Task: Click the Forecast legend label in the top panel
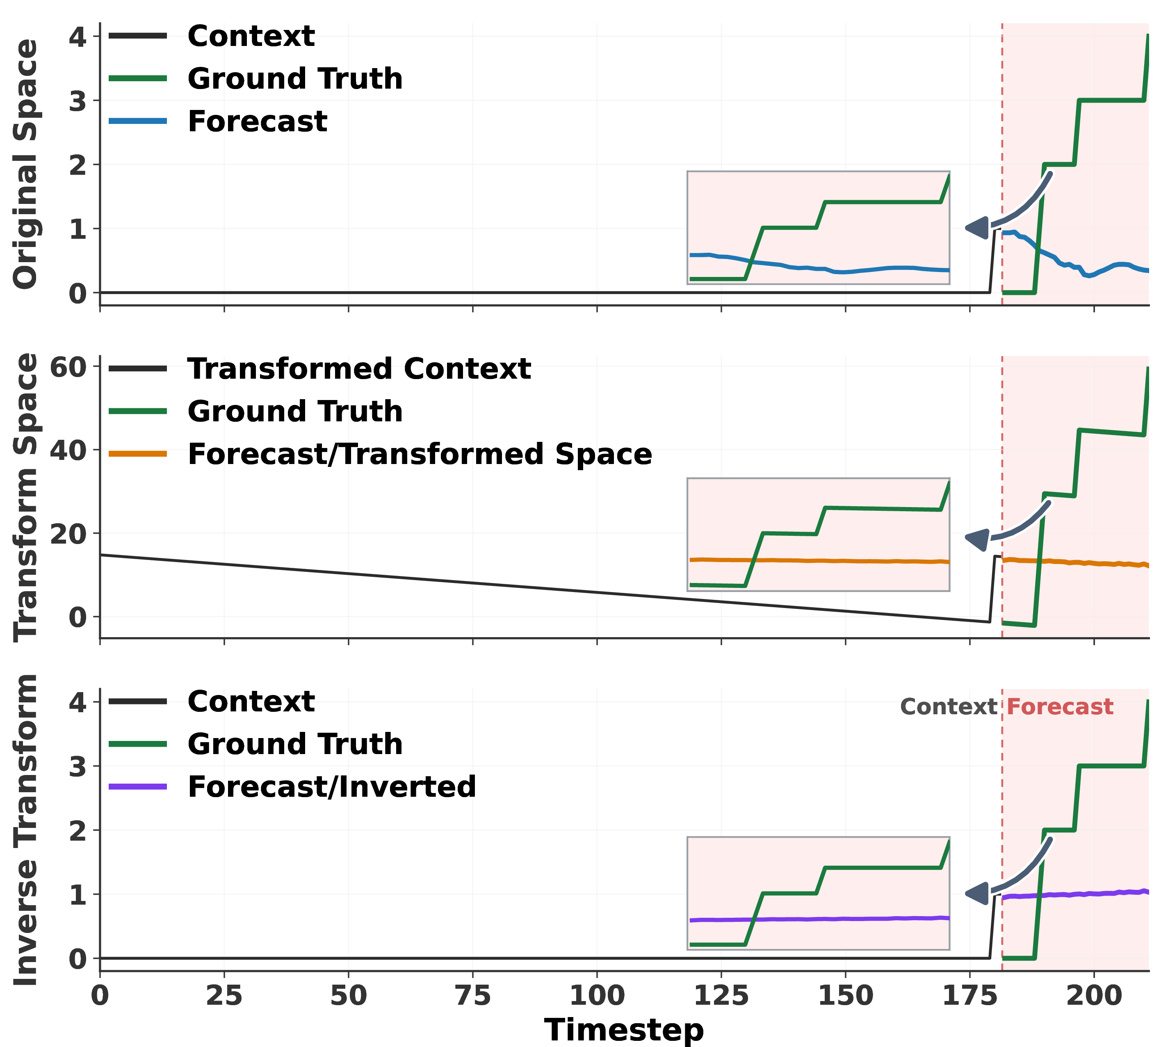[257, 121]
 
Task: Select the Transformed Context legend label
[359, 369]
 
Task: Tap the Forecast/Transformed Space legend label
[420, 455]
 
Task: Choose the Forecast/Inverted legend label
[332, 786]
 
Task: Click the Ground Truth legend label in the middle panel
[295, 411]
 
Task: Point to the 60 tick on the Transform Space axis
[68, 367]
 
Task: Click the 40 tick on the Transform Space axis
[68, 450]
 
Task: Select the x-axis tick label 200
[1094, 996]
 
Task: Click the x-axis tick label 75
[473, 996]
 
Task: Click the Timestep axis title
[624, 1030]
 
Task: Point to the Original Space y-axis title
[25, 164]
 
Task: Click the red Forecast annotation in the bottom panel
[1060, 706]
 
